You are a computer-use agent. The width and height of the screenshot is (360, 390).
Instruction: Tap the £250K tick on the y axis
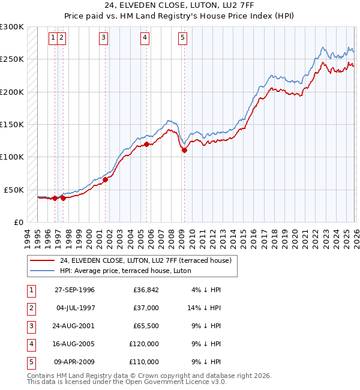[x=12, y=59]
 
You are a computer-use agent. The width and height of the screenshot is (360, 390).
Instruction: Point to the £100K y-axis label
[x=12, y=157]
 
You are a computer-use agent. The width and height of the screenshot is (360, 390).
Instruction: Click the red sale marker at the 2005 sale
[x=146, y=144]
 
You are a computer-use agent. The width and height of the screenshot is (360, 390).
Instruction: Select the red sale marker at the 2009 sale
[x=184, y=151]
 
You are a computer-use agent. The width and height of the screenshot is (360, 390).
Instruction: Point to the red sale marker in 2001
[x=105, y=179]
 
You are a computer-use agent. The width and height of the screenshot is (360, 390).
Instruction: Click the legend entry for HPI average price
[x=125, y=271]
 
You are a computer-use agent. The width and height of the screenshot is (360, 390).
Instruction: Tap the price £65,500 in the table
[x=146, y=326]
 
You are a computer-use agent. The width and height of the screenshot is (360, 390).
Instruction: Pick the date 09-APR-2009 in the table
[x=74, y=362]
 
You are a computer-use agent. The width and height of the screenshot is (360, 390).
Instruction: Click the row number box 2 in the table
[x=29, y=308]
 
